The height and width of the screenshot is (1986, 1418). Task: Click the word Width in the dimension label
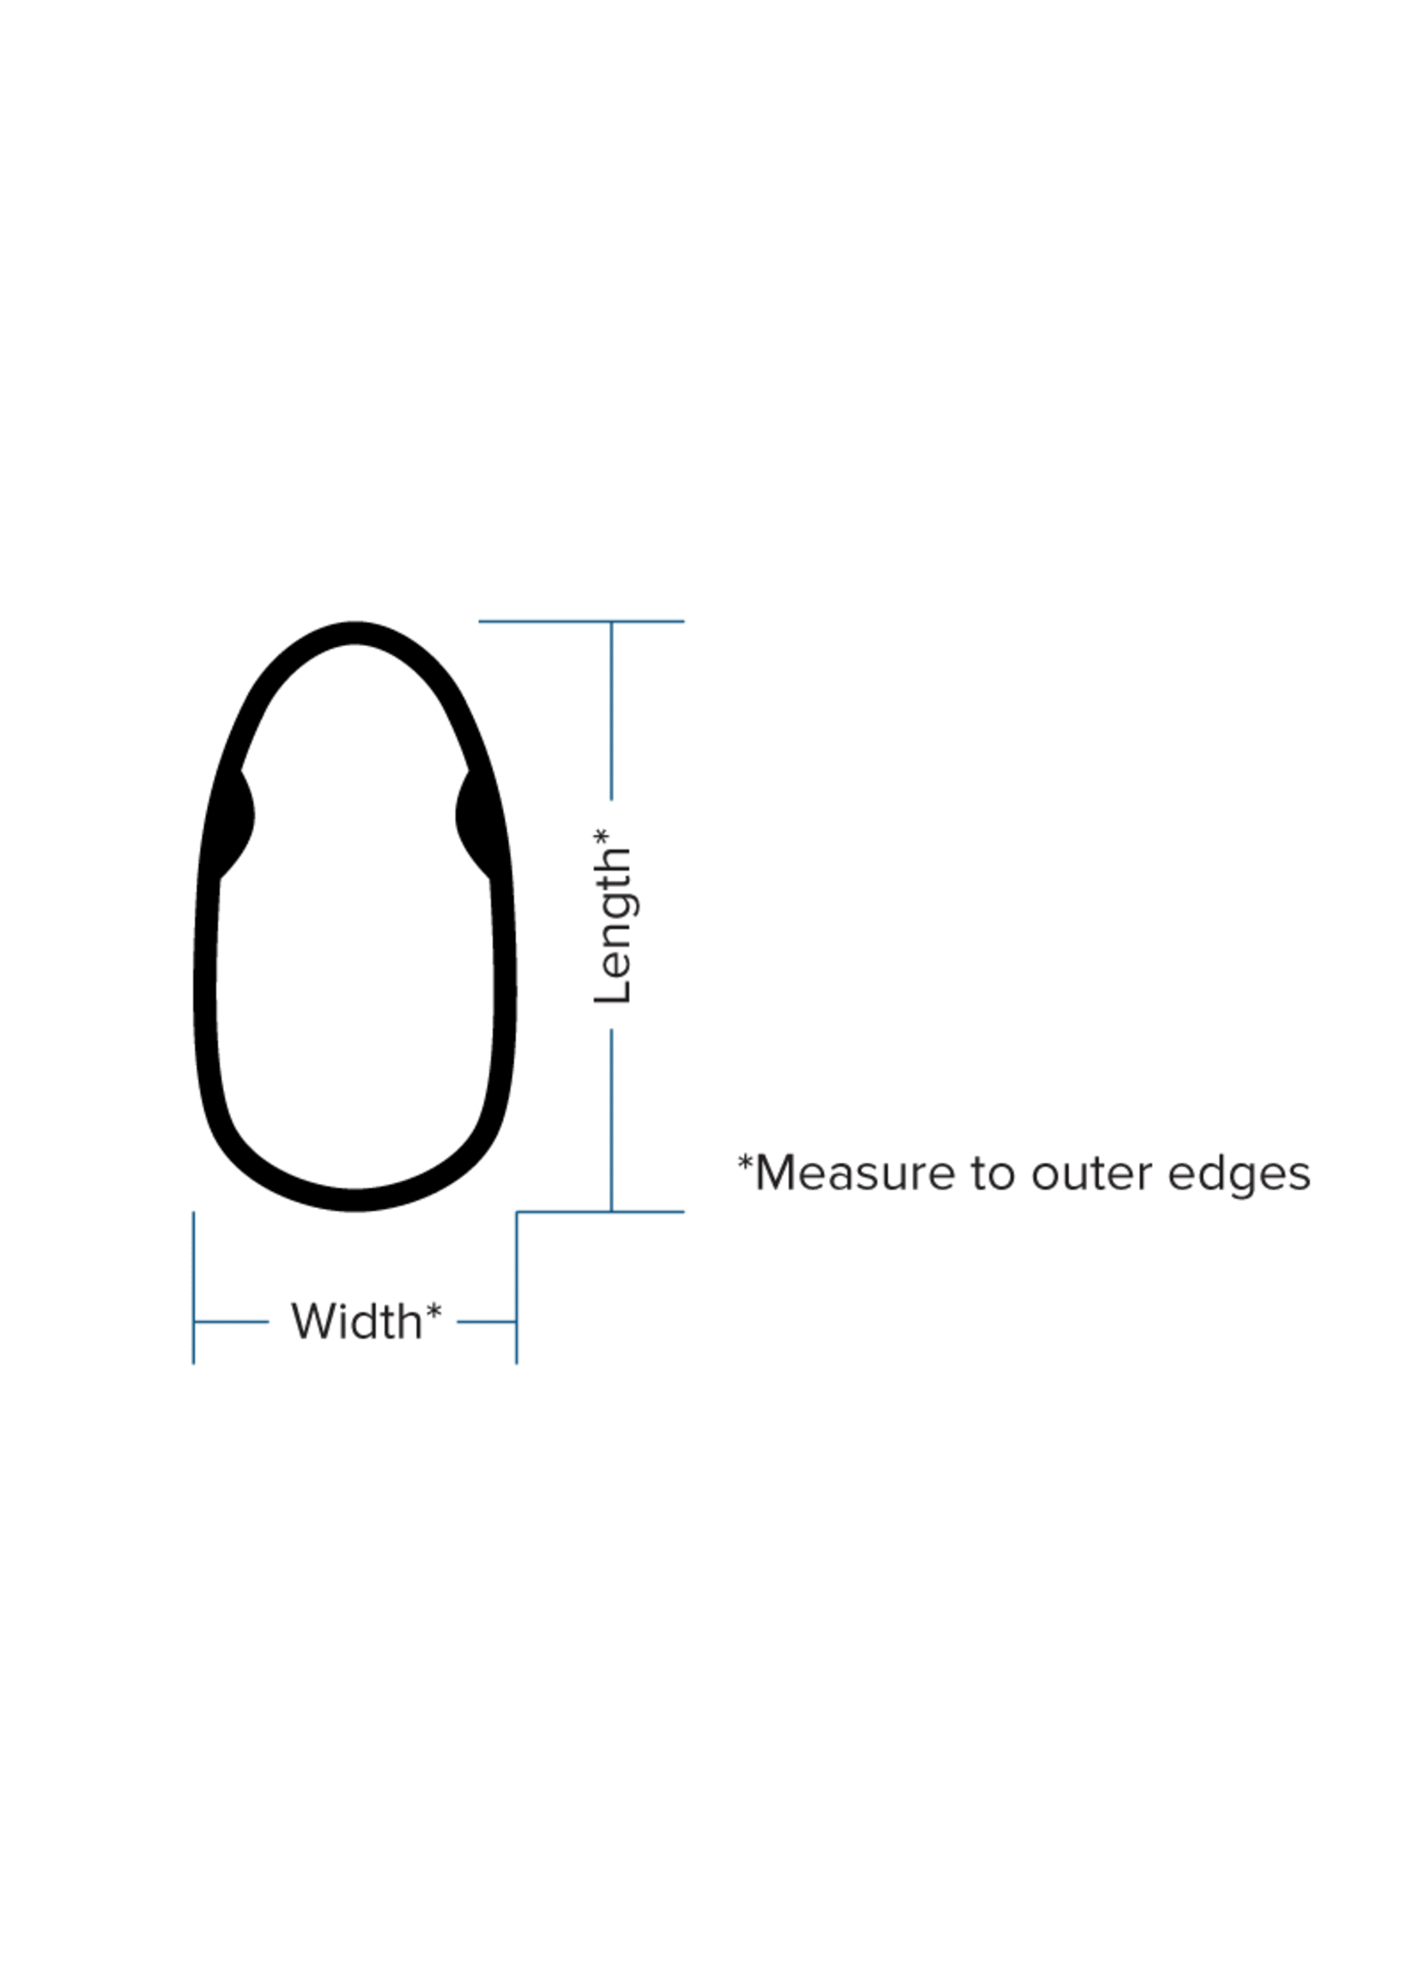(x=356, y=1321)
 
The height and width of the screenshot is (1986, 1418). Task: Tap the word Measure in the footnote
(x=855, y=1173)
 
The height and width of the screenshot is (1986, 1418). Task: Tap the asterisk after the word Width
(x=433, y=1311)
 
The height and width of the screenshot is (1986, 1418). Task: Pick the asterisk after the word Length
(x=602, y=836)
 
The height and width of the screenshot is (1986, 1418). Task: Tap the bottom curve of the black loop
(x=354, y=1200)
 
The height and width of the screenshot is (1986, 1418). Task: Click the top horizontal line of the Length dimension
(x=581, y=621)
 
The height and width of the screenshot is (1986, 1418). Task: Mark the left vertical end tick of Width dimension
(x=193, y=1287)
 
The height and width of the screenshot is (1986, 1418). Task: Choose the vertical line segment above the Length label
(x=611, y=710)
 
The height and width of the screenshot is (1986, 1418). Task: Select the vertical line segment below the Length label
(x=611, y=1121)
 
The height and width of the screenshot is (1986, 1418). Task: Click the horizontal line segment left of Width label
(x=232, y=1321)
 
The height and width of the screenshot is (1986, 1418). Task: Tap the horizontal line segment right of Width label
(x=487, y=1321)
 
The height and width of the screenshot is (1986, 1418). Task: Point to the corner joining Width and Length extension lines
(x=517, y=1212)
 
